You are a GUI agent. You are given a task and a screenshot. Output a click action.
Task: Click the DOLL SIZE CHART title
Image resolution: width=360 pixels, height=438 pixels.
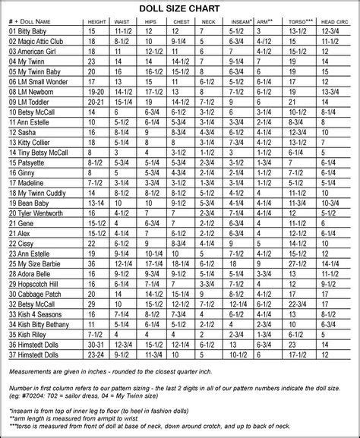pyautogui.click(x=180, y=8)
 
